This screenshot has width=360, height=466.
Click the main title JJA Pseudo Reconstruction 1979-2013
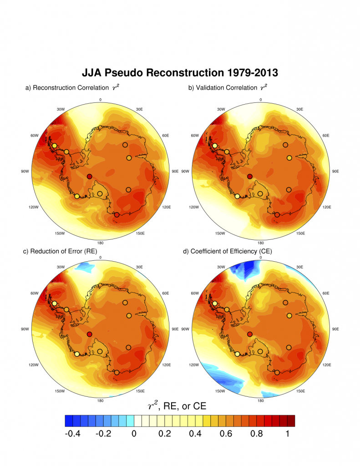coord(180,72)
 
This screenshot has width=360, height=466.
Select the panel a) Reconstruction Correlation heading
coord(72,87)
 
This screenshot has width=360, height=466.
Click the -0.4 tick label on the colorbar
coord(73,434)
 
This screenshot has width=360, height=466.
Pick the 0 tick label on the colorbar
coord(134,434)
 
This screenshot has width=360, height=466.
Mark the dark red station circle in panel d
coord(250,334)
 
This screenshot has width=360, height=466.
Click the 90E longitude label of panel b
coord(336,172)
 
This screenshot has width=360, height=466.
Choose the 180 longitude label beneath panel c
coord(100,401)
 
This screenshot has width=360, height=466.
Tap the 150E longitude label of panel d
coord(300,391)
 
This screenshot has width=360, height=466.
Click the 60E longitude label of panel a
coord(165,136)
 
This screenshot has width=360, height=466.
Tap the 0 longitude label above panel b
coord(261,99)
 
